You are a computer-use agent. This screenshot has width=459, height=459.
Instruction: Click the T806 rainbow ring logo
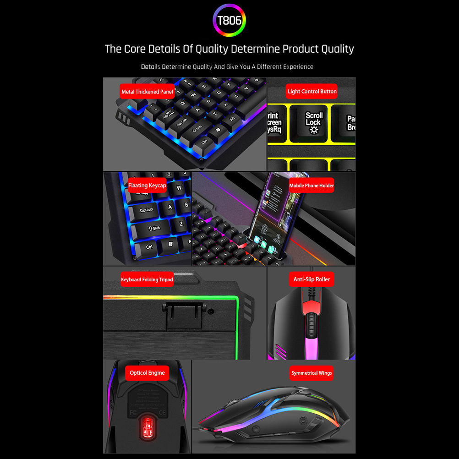click(229, 20)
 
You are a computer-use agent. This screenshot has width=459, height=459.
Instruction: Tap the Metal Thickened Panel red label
click(147, 92)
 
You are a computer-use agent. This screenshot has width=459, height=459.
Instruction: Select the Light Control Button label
click(312, 91)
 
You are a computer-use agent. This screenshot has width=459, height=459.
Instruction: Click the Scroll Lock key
click(314, 122)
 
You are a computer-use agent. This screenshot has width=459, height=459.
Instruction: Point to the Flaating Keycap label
click(147, 186)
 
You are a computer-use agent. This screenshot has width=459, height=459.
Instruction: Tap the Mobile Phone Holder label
click(311, 186)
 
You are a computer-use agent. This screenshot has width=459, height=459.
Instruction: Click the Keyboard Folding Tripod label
click(147, 279)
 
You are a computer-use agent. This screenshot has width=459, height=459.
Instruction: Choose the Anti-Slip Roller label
click(311, 279)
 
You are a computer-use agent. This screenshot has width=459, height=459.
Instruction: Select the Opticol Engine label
click(147, 373)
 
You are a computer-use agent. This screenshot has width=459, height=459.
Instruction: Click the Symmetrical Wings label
click(311, 373)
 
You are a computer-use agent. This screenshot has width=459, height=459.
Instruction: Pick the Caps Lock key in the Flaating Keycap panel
click(147, 210)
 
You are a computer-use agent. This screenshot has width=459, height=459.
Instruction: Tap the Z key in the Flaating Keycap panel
click(181, 224)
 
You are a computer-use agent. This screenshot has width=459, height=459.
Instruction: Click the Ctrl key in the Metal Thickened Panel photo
click(204, 141)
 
